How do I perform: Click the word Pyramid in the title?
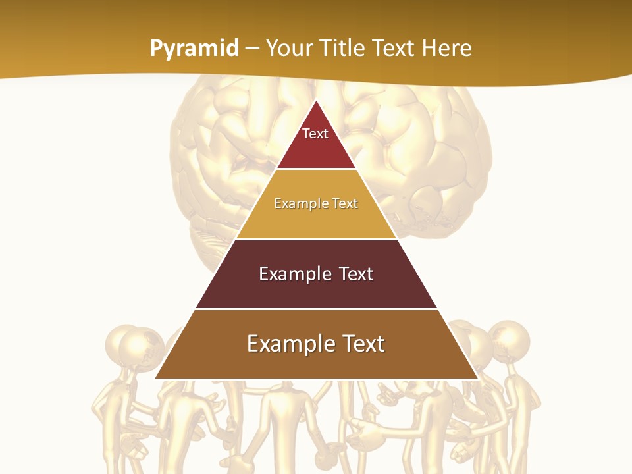(194, 49)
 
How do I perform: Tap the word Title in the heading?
(343, 49)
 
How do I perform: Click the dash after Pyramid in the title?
(252, 49)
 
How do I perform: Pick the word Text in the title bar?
(394, 49)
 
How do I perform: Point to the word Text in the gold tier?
(345, 203)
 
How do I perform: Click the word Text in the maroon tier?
(357, 274)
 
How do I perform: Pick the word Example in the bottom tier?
(288, 344)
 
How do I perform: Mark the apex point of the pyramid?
(316, 101)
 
